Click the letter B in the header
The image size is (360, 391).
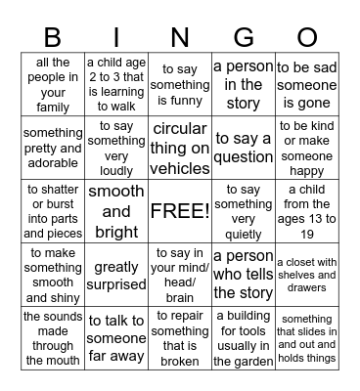tap(54, 38)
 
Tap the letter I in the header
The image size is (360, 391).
tap(116, 38)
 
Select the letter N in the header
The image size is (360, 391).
tap(180, 38)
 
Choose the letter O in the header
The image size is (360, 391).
tap(306, 38)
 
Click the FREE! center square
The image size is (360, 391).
tap(180, 211)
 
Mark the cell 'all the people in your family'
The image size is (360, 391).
tap(54, 85)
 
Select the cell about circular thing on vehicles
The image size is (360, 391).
tap(180, 148)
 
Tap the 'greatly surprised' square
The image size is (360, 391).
tap(116, 275)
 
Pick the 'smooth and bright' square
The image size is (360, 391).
tap(116, 211)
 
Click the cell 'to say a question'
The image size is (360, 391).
tap(243, 148)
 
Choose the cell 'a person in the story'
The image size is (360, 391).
tap(243, 85)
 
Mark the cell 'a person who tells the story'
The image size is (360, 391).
tap(243, 275)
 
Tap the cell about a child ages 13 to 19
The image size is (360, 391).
tap(306, 211)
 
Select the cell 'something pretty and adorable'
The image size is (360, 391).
tap(54, 148)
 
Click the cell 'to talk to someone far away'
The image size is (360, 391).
tap(116, 337)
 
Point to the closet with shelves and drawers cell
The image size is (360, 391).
tap(306, 275)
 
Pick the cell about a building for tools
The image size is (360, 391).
tap(243, 337)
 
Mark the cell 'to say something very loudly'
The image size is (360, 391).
tap(116, 148)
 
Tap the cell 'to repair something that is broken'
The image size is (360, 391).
tap(180, 337)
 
